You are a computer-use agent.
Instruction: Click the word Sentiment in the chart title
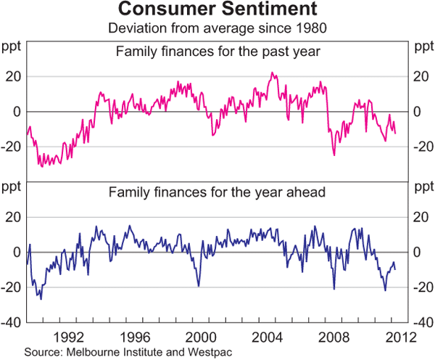coord(262,10)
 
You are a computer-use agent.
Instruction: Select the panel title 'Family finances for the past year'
coord(217,52)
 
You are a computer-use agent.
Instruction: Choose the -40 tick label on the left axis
coord(13,322)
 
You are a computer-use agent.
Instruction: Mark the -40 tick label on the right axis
coord(421,322)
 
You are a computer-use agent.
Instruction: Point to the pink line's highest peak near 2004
coord(271,73)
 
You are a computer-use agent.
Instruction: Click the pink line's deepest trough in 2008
coord(334,155)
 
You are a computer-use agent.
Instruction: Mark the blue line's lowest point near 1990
coord(41,299)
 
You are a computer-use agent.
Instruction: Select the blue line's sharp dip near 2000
coord(198,287)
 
